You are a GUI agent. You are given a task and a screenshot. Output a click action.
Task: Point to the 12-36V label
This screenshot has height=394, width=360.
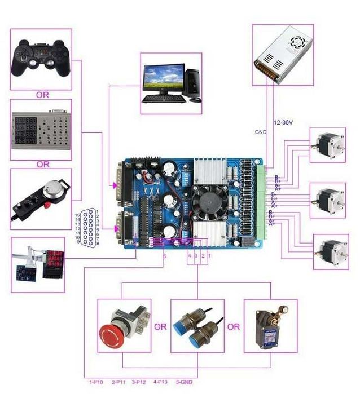283,122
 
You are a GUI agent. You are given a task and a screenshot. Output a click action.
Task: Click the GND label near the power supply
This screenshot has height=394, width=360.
260,132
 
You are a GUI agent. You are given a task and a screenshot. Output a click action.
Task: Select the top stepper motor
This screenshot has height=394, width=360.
327,145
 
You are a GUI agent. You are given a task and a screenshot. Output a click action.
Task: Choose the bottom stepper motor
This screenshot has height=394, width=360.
330,252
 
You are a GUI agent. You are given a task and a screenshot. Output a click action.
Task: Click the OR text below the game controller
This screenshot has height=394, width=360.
42,95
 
